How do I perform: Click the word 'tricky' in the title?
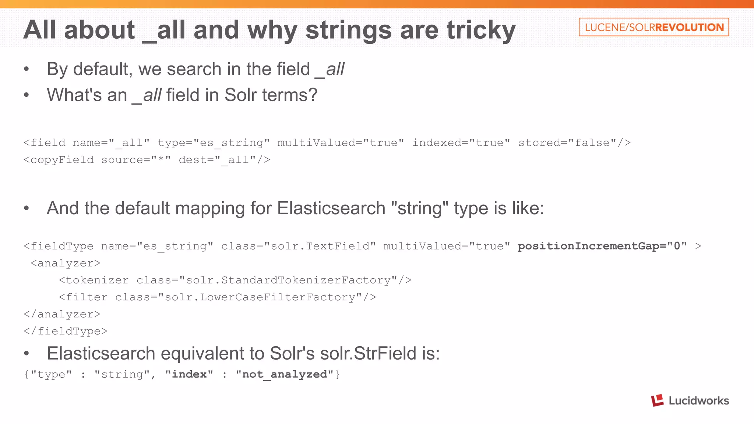481,30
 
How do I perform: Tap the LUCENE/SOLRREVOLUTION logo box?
653,27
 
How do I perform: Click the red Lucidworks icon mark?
657,400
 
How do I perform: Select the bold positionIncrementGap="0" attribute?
602,246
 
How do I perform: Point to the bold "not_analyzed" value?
285,374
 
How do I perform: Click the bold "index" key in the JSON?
189,374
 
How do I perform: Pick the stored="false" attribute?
574,143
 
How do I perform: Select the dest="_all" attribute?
224,160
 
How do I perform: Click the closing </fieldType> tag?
66,331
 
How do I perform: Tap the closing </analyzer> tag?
62,314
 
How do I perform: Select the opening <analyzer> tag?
66,263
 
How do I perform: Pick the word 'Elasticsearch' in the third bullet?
331,208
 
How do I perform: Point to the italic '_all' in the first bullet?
330,69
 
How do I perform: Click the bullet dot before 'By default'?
26,69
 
